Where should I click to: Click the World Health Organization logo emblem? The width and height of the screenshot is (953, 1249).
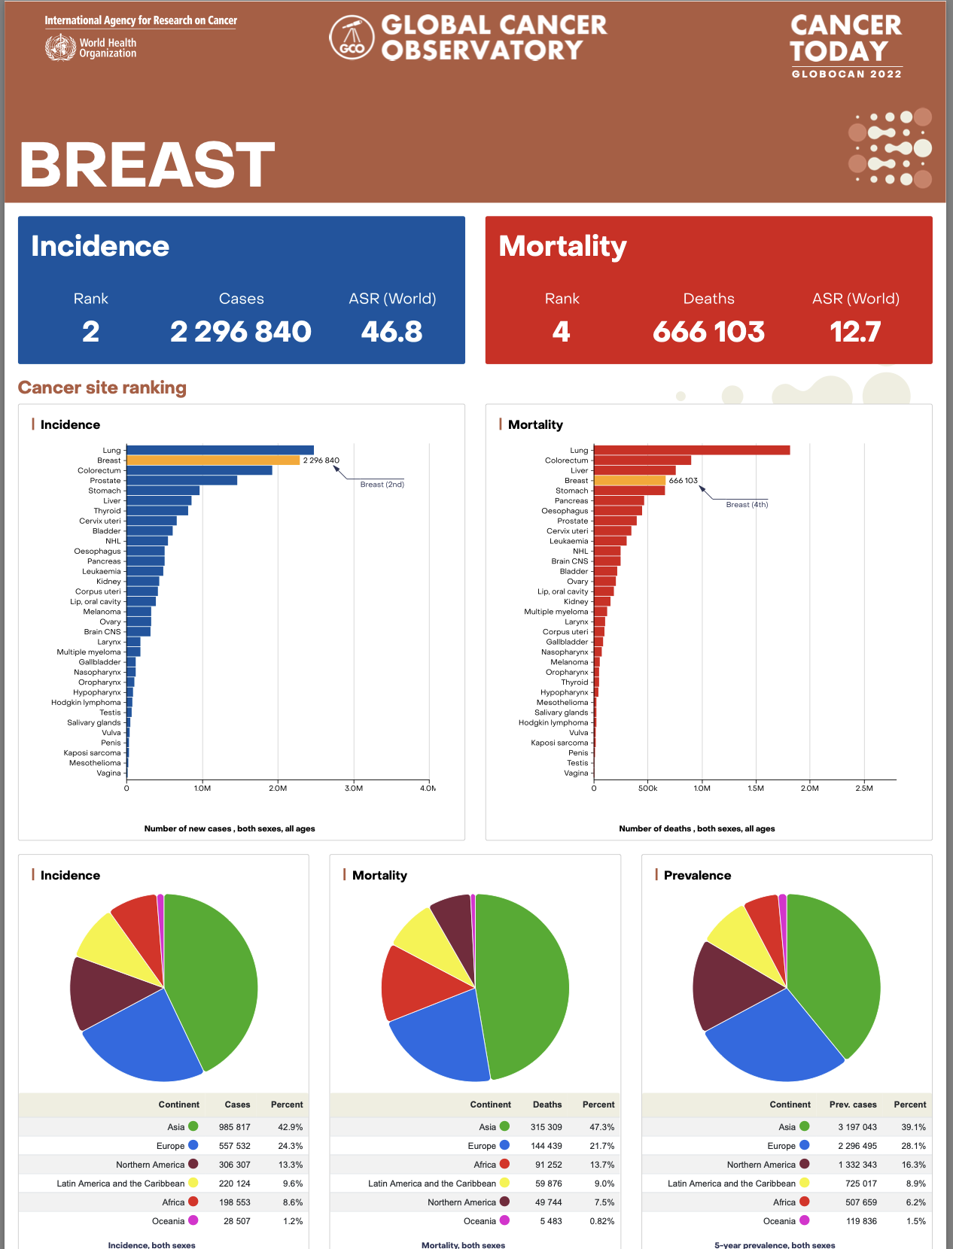click(x=60, y=47)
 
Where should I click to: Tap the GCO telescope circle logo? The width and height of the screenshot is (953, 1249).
click(x=352, y=38)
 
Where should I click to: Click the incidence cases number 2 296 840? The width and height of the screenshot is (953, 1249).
click(x=240, y=332)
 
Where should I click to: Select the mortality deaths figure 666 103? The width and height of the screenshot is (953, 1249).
click(x=708, y=332)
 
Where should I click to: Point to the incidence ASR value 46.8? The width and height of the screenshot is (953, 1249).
click(x=391, y=332)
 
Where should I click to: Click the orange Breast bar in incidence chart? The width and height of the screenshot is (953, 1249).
click(x=212, y=460)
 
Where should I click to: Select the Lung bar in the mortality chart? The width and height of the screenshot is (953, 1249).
click(x=691, y=450)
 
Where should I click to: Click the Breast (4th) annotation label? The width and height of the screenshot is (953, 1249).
click(x=747, y=505)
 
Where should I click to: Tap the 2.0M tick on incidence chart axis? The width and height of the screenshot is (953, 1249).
click(x=278, y=789)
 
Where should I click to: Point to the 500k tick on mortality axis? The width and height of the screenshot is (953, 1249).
click(x=647, y=789)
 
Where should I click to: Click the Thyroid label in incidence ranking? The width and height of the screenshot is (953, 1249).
click(x=107, y=511)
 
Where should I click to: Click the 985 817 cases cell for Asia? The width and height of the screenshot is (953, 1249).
click(x=235, y=1127)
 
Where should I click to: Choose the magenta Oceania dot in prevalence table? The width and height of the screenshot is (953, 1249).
click(x=805, y=1220)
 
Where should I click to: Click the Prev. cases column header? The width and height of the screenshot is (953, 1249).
click(x=853, y=1105)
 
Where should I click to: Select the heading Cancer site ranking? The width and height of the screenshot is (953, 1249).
click(x=102, y=387)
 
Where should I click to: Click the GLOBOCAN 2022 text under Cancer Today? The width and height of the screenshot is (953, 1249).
click(x=846, y=74)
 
